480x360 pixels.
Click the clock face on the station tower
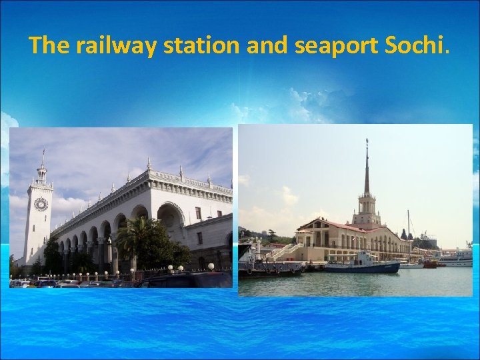coord(41,204)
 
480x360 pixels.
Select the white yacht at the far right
coord(457,259)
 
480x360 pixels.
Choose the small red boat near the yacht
coord(430,264)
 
